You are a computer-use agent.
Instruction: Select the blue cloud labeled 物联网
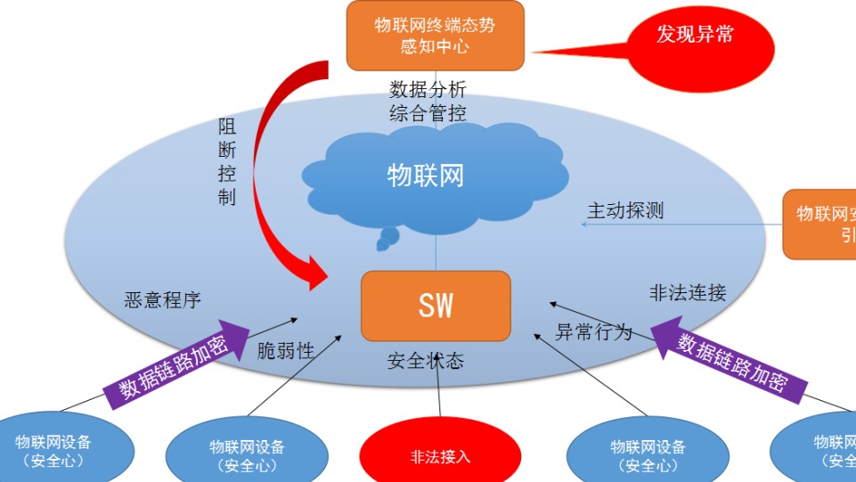point(426,176)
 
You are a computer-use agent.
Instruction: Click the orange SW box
point(436,306)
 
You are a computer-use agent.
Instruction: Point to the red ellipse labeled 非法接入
point(440,455)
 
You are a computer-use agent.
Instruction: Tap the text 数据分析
point(428,90)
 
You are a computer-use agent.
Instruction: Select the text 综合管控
point(428,113)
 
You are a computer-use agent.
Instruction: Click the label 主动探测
point(625,210)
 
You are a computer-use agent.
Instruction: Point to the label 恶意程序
point(163,299)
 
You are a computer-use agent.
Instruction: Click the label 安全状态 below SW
point(426,362)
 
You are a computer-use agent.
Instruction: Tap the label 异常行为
point(593,332)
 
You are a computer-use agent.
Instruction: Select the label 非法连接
point(688,292)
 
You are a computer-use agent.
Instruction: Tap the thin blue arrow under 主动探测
point(673,225)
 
